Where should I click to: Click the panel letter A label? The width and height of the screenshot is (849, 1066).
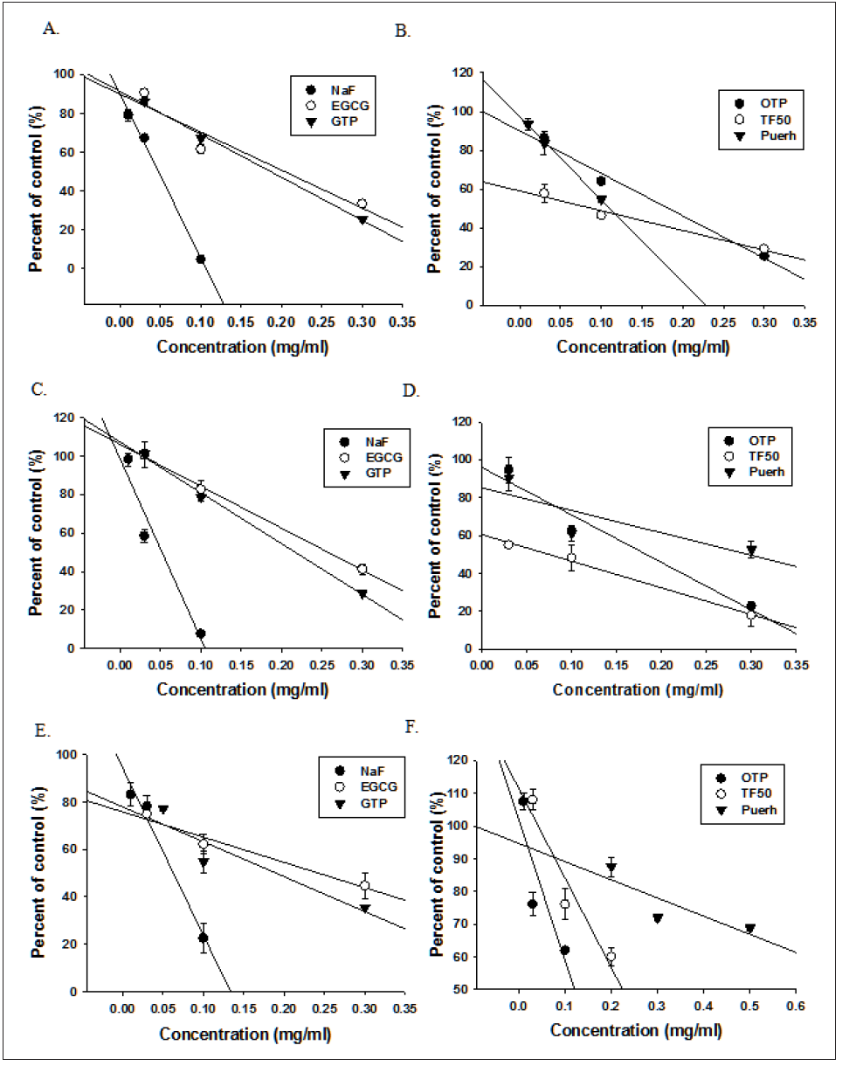coord(49,29)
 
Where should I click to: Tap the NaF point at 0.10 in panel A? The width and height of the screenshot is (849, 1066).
coord(201,260)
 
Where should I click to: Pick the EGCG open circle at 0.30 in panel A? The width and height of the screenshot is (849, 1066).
coord(362,204)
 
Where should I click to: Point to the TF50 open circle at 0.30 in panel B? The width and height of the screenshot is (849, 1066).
coord(763,249)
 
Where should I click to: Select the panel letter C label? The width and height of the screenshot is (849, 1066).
coord(40,391)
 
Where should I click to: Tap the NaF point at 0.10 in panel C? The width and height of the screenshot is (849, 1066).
coord(201,633)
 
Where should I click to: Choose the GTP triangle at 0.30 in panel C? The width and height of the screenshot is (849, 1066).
coord(362,594)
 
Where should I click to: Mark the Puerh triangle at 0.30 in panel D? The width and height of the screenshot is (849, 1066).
coord(751,550)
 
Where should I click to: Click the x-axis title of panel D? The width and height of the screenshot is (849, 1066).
coord(638,689)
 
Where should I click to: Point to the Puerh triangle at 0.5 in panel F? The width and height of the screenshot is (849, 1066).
coord(749,929)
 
